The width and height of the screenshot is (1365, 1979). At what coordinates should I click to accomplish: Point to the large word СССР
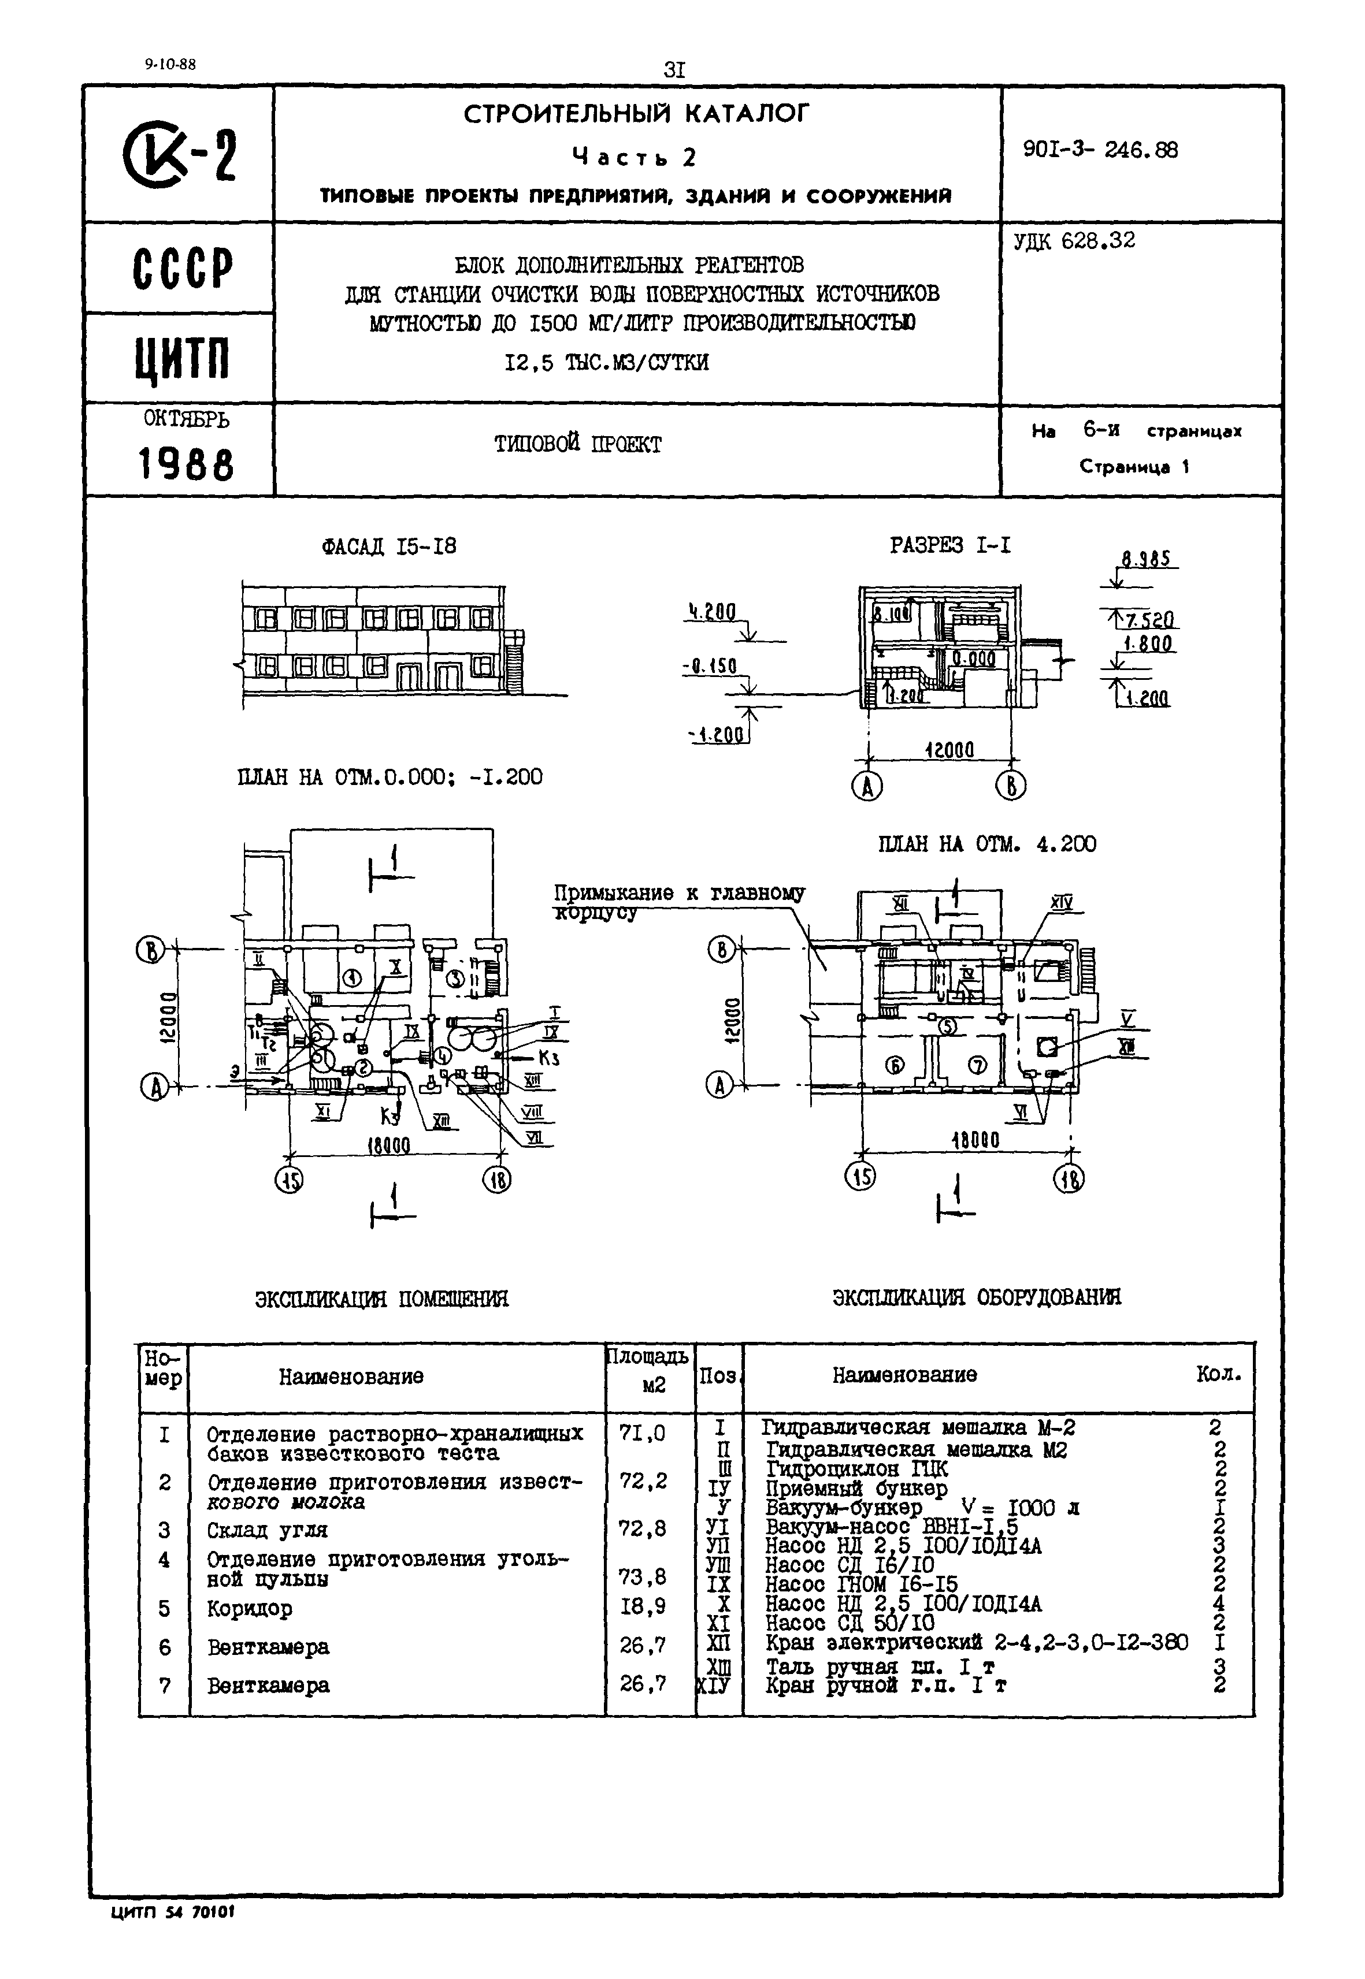click(x=182, y=269)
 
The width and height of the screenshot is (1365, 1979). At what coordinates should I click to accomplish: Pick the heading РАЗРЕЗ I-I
click(x=949, y=545)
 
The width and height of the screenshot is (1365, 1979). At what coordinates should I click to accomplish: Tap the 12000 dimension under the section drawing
click(x=949, y=750)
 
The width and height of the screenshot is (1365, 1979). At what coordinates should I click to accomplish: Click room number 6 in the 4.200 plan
click(x=894, y=1064)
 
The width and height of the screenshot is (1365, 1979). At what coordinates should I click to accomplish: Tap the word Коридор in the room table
click(x=249, y=1608)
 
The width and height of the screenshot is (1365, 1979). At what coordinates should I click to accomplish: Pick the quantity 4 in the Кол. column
click(x=1219, y=1603)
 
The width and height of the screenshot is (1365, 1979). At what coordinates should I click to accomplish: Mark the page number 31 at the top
click(x=675, y=70)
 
